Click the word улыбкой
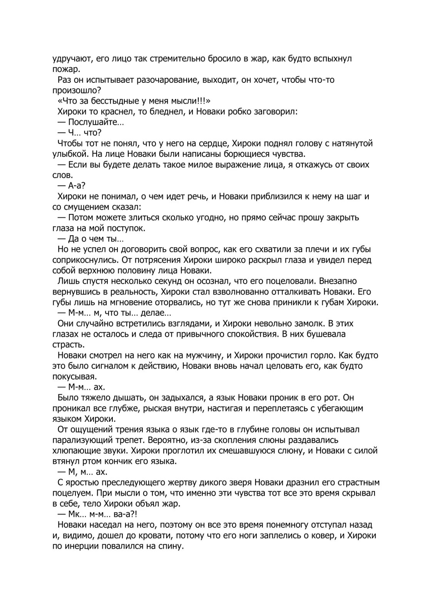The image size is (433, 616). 67,154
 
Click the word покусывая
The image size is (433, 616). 72,376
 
